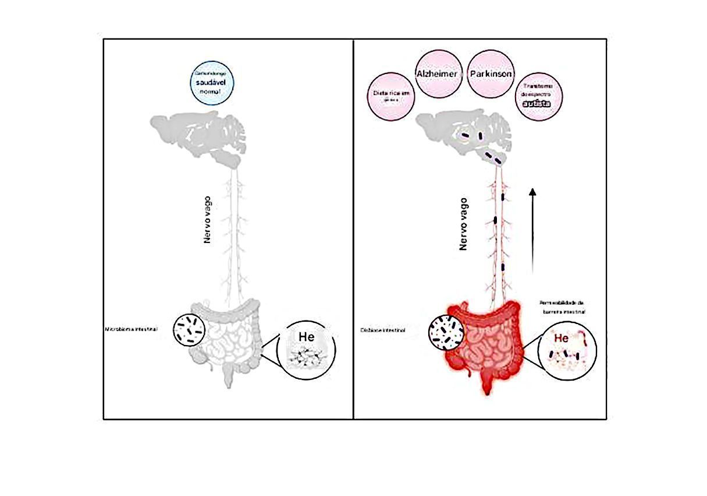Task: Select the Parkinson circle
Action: pos(491,74)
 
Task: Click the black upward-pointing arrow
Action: pos(532,230)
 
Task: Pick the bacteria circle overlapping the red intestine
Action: pos(446,333)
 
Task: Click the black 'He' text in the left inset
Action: pos(306,337)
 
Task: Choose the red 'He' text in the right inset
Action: pos(561,337)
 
